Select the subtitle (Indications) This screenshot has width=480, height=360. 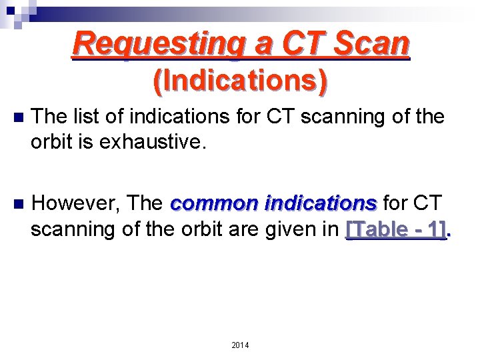point(241,81)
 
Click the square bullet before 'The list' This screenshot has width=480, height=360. point(18,117)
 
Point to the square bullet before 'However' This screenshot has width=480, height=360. point(18,202)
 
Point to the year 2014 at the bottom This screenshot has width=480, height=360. point(240,345)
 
